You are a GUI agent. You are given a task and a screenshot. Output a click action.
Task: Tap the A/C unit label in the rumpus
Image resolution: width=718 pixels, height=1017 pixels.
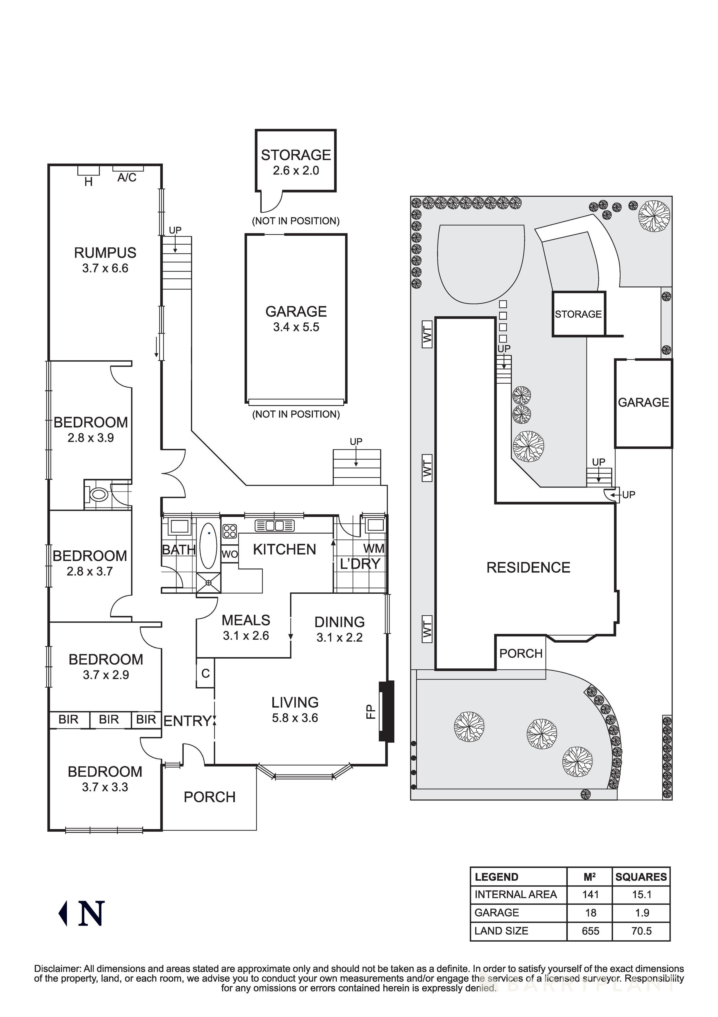[x=127, y=178]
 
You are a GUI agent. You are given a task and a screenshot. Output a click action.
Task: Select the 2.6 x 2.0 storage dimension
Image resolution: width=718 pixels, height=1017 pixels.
[x=296, y=171]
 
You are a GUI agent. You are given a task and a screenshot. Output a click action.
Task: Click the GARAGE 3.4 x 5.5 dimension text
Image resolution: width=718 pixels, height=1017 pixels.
[x=296, y=327]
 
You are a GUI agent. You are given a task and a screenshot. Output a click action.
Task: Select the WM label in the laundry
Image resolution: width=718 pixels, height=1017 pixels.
[x=373, y=549]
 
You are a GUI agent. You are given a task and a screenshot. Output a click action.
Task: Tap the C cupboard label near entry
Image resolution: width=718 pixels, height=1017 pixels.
[x=205, y=674]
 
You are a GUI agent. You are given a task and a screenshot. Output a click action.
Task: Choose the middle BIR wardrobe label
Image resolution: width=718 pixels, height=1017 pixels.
[x=109, y=719]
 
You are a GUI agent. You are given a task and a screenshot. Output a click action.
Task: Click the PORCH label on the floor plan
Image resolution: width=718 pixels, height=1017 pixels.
[x=209, y=797]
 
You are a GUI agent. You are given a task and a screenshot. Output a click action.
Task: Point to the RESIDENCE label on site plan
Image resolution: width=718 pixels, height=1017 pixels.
[x=528, y=568]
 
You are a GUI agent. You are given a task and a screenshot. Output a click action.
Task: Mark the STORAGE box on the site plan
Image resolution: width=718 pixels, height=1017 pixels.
[x=578, y=314]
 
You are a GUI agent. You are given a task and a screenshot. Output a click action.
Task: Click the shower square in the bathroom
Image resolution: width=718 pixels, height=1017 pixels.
[x=209, y=583]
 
